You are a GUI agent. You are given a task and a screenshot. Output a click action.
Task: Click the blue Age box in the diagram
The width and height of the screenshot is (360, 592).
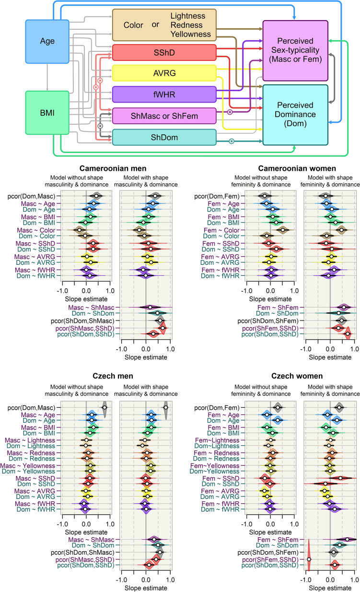47,41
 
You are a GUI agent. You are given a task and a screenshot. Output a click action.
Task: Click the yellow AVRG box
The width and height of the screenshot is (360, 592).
164,72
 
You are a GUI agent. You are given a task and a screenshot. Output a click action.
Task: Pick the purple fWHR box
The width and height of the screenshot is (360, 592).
164,94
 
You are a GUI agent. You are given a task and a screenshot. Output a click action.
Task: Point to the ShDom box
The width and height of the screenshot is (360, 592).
164,137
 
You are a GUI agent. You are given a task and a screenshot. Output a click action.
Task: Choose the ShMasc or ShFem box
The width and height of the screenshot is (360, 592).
164,116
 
